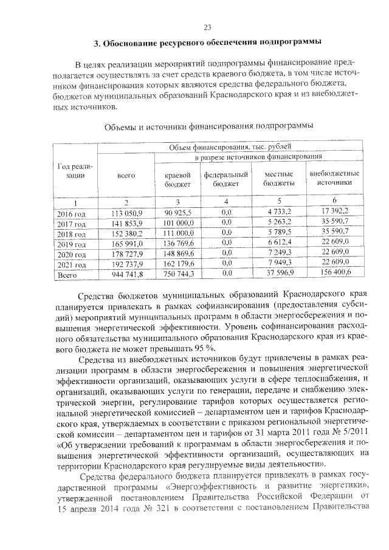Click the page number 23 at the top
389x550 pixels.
coord(207,27)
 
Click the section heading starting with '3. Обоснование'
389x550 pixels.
coord(207,44)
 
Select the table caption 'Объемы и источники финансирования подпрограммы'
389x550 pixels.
coord(207,126)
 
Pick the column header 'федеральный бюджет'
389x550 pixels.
coord(226,179)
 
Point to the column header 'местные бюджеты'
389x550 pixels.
coord(280,179)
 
